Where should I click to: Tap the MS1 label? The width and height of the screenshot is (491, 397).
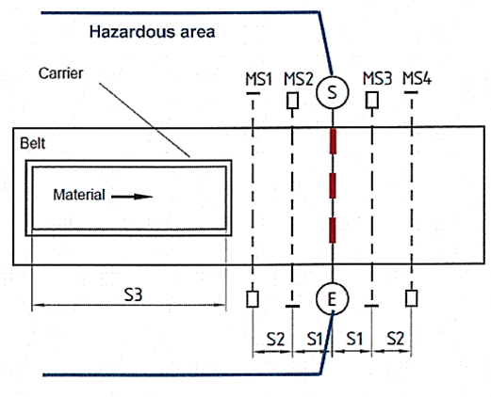click(258, 79)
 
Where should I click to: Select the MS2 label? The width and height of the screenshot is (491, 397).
click(299, 79)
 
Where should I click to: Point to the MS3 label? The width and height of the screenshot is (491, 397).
click(377, 78)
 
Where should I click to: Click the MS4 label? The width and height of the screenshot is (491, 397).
click(417, 78)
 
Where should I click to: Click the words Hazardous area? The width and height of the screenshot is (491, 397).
click(153, 32)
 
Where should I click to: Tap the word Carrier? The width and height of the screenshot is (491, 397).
click(60, 73)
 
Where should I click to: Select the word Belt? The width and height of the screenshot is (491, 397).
click(32, 143)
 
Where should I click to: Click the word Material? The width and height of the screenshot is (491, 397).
click(79, 195)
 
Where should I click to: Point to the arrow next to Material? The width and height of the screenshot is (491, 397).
click(132, 197)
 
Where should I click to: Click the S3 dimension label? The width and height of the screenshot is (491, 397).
click(133, 294)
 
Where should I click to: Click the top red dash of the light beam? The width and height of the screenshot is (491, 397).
click(333, 141)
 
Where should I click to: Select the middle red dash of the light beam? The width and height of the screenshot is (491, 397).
click(333, 185)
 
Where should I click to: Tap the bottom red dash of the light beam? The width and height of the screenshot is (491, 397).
click(333, 230)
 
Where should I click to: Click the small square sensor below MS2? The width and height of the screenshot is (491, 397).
click(292, 101)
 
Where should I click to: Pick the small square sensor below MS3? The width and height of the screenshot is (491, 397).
click(372, 100)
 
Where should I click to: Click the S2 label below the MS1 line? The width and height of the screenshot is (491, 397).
click(275, 339)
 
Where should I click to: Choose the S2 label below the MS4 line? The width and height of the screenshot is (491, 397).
click(395, 339)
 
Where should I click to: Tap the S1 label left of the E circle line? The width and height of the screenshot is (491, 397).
click(315, 339)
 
